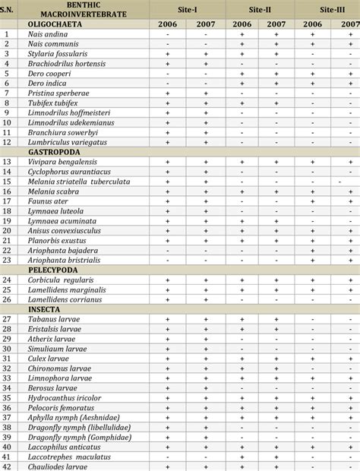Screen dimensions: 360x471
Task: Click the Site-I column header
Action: (185, 8)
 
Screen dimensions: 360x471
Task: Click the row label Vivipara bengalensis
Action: (67, 161)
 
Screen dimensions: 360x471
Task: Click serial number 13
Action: (8, 161)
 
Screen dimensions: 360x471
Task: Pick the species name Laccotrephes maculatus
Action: (68, 457)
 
